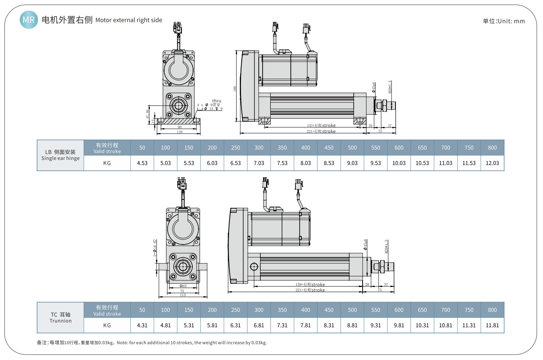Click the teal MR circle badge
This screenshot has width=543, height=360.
click(x=29, y=20)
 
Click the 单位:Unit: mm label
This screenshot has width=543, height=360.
click(x=503, y=21)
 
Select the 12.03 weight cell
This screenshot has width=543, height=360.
click(x=492, y=163)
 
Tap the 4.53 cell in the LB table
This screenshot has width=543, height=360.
click(x=142, y=163)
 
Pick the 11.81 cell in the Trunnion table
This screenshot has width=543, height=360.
click(x=492, y=325)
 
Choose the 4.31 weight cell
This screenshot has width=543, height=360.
click(x=142, y=325)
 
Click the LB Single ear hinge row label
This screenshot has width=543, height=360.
click(x=61, y=155)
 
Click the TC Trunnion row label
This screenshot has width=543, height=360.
click(x=61, y=318)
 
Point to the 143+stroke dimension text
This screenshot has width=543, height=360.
click(x=321, y=126)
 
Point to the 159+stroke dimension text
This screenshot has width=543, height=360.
click(x=310, y=285)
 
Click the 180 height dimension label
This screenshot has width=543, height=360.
click(x=234, y=89)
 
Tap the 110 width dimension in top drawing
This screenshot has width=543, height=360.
click(x=180, y=132)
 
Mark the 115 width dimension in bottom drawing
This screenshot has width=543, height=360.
click(x=183, y=295)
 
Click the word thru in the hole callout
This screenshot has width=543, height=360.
click(x=217, y=101)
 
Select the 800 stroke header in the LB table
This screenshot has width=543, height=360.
click(x=492, y=148)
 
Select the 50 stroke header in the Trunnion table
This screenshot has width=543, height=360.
click(x=142, y=310)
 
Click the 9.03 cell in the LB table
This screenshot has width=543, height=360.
click(x=352, y=163)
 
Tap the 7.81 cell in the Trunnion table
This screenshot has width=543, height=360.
click(x=305, y=325)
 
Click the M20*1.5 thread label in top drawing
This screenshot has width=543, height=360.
click(x=390, y=87)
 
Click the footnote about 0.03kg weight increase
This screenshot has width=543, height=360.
click(x=152, y=343)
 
